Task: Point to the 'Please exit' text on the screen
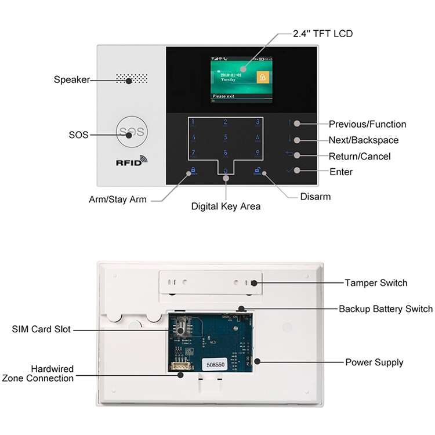click(x=224, y=96)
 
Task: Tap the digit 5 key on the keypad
click(x=226, y=137)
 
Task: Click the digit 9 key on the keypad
click(x=258, y=153)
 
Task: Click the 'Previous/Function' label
click(x=367, y=124)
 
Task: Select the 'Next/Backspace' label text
click(x=363, y=140)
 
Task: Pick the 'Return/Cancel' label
click(x=360, y=157)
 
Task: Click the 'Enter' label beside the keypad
click(x=340, y=172)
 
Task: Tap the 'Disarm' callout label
click(x=315, y=197)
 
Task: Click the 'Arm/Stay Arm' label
click(x=118, y=200)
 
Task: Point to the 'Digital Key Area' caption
click(x=226, y=206)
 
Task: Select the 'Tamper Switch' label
click(x=376, y=283)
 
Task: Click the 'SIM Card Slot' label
click(x=41, y=329)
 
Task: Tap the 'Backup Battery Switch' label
click(x=385, y=309)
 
